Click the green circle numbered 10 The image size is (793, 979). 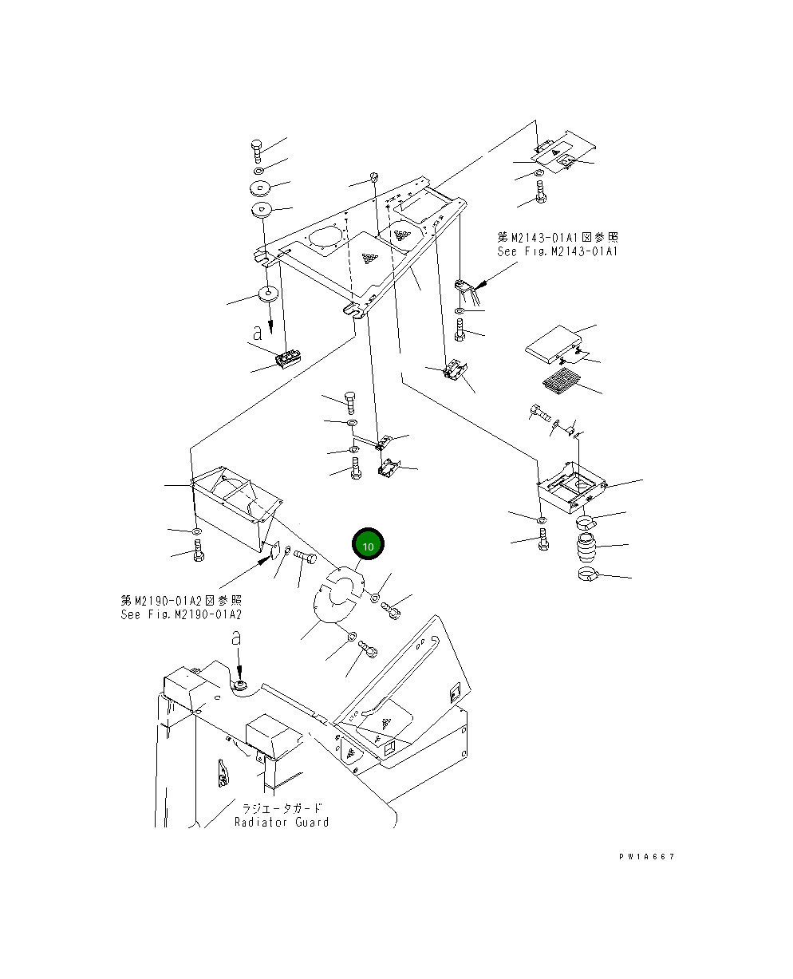[x=368, y=547]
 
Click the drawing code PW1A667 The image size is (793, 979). [x=646, y=856]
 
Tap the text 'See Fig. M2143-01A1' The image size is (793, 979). [x=557, y=251]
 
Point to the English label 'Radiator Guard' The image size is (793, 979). [x=281, y=822]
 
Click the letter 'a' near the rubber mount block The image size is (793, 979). [x=257, y=334]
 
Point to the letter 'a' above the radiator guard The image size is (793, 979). [x=235, y=638]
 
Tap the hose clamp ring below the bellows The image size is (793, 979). [x=590, y=574]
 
